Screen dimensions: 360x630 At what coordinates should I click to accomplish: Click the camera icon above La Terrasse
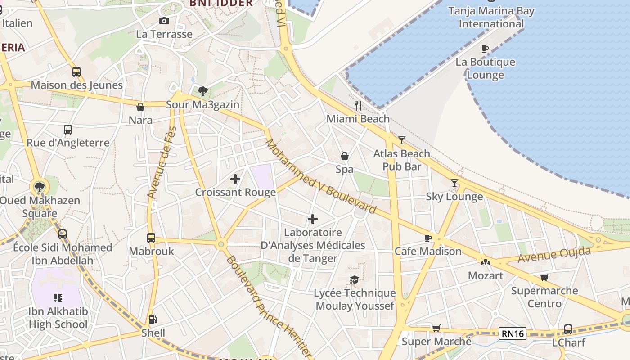click(x=164, y=21)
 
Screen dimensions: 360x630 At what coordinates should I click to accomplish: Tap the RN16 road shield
click(x=513, y=333)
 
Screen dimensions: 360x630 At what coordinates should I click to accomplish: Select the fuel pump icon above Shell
click(x=153, y=319)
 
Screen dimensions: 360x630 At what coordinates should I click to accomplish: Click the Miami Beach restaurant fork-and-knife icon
click(x=358, y=106)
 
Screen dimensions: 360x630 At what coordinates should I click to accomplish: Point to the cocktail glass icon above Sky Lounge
click(x=454, y=183)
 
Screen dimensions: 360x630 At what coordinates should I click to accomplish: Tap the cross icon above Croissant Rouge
click(x=235, y=179)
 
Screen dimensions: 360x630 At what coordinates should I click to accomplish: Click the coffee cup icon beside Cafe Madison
click(x=427, y=238)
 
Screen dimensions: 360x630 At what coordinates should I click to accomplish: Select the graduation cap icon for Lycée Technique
click(x=355, y=280)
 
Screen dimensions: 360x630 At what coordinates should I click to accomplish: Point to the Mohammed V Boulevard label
click(x=320, y=176)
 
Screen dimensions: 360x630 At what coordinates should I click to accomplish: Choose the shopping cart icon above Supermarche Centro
click(x=544, y=277)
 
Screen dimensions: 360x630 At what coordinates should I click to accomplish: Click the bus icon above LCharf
click(x=568, y=329)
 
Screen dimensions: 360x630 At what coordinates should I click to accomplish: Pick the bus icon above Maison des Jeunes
click(x=76, y=72)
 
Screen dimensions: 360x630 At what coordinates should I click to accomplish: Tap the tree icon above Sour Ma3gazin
click(x=203, y=91)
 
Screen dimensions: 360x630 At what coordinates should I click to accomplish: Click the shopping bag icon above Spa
click(x=345, y=156)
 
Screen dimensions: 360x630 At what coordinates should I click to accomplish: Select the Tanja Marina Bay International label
click(x=491, y=17)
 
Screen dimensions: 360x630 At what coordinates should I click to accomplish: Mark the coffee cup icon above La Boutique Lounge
click(x=485, y=49)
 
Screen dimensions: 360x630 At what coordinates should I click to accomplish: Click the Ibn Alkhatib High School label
click(x=58, y=318)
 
